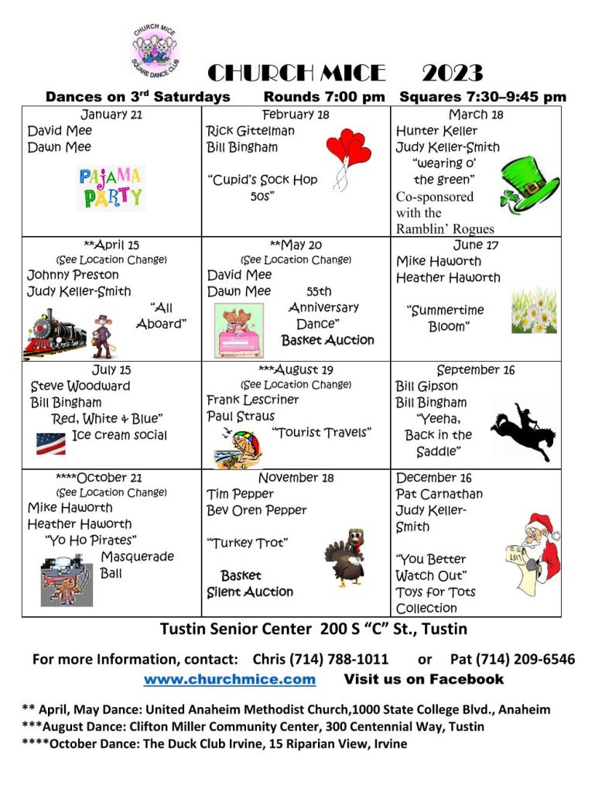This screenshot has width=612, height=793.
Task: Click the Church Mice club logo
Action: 158,50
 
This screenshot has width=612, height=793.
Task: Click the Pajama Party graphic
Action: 111,188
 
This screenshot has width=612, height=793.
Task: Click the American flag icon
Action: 50,443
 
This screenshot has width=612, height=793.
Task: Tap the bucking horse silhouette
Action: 521,430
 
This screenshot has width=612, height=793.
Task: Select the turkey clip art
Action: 345,557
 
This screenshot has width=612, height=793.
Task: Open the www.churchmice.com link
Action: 230,679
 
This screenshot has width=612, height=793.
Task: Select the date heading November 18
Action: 296,478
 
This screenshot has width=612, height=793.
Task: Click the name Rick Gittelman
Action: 250,131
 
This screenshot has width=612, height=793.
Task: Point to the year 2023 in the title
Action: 452,74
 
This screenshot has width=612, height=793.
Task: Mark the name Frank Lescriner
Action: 252,400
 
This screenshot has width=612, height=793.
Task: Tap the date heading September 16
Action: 475,370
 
